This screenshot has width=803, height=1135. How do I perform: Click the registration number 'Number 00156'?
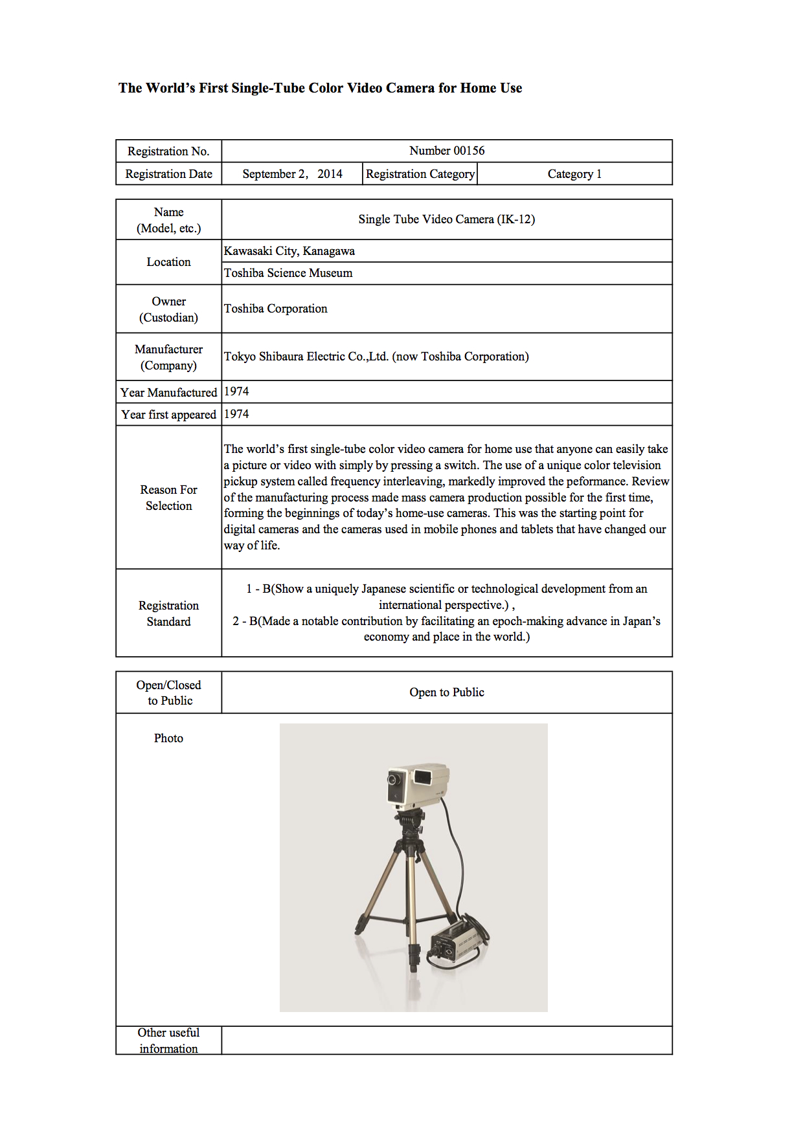447,151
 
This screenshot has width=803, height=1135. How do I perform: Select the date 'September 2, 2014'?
292,174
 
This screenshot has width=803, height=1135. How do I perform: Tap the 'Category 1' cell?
574,174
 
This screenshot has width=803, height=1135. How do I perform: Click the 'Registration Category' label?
420,174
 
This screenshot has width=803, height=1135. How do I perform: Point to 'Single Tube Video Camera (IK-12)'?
447,219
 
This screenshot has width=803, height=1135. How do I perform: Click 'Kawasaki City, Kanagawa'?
289,251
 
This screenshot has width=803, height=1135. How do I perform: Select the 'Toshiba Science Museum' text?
288,273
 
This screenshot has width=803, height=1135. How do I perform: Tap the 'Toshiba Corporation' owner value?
276,309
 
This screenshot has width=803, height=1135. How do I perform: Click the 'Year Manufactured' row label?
168,393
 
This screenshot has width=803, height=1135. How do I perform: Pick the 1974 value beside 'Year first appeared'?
236,414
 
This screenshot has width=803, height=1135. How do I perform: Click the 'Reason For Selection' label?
168,498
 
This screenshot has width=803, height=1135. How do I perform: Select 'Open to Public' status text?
447,692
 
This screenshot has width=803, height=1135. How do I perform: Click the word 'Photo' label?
168,738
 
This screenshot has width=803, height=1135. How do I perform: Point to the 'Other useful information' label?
168,1041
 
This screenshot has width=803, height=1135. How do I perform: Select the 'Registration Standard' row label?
168,613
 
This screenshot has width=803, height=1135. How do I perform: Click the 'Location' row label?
168,262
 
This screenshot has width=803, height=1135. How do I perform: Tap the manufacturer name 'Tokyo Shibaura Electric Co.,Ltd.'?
306,357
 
